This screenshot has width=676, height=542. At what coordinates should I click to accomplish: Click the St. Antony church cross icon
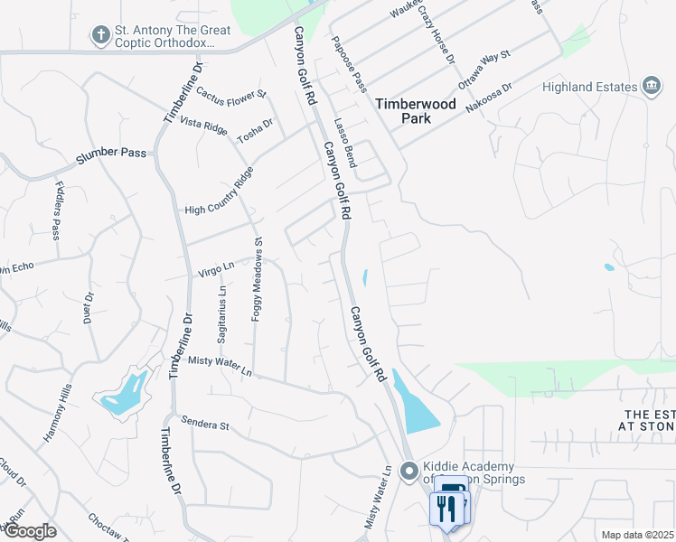tap(100, 36)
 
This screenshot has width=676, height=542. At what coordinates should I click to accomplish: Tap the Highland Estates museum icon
tap(651, 87)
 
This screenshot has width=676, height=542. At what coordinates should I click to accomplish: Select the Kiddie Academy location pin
tap(408, 471)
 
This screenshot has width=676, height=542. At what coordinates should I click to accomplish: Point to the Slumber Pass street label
tap(110, 153)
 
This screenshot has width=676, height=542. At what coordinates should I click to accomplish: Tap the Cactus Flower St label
tap(231, 93)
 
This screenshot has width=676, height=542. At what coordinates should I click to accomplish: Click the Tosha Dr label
tap(255, 130)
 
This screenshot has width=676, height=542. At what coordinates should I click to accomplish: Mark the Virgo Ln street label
tap(216, 267)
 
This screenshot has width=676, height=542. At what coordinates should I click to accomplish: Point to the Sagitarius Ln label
tap(221, 313)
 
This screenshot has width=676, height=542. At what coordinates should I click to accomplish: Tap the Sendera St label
tap(207, 421)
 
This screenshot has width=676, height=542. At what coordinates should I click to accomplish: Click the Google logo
tap(29, 531)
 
